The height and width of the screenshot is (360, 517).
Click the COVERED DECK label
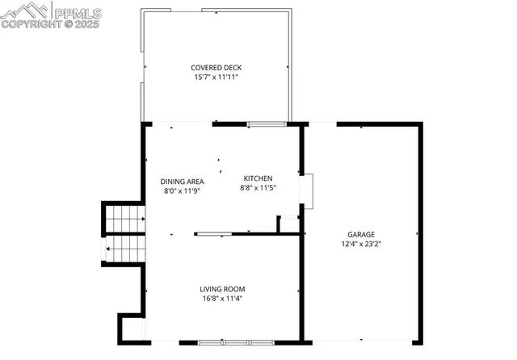(216, 68)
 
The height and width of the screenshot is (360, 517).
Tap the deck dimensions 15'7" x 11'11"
(216, 77)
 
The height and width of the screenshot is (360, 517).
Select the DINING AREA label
(181, 182)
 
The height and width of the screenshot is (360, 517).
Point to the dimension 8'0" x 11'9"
(181, 191)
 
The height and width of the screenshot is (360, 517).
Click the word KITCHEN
(258, 178)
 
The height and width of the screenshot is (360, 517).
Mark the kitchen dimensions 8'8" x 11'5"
(258, 188)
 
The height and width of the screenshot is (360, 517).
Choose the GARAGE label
(361, 234)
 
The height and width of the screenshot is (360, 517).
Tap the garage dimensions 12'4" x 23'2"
(361, 244)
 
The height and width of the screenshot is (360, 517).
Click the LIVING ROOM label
(222, 289)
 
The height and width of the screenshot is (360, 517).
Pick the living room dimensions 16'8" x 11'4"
(222, 299)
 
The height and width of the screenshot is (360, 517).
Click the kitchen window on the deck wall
(266, 123)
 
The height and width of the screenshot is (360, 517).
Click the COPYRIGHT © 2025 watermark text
(50, 24)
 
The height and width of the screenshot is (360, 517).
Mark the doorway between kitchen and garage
(305, 191)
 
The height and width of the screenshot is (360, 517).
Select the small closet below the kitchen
(288, 224)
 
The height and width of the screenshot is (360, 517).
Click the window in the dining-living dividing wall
(214, 234)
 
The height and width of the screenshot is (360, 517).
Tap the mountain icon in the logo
(24, 11)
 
